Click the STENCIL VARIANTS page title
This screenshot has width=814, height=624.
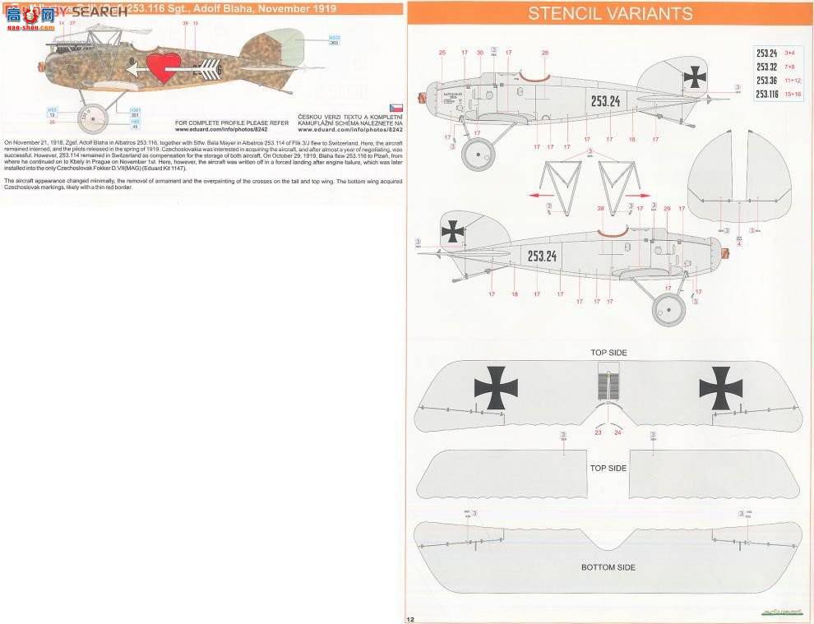[609, 13]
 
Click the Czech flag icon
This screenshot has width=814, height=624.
[395, 108]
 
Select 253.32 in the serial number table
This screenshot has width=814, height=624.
[766, 67]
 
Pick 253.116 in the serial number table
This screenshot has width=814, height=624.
[766, 94]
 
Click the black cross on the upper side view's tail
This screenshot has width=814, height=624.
[695, 78]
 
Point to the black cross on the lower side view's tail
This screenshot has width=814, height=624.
[452, 233]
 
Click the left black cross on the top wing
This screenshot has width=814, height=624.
[496, 387]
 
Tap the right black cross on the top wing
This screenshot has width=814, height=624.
[720, 388]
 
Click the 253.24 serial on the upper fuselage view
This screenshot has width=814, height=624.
[605, 101]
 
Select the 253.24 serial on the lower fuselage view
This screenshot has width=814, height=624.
[542, 256]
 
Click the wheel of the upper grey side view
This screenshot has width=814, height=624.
[478, 155]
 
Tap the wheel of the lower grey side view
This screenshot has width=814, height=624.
[668, 310]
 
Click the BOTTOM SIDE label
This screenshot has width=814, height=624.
[608, 567]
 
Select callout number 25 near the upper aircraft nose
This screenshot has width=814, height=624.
[442, 53]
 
